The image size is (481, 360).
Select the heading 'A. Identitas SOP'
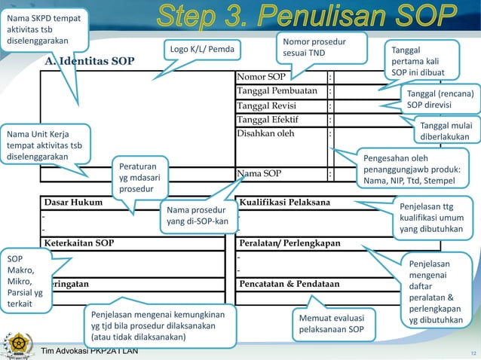89,60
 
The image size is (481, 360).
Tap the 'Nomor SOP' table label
262,77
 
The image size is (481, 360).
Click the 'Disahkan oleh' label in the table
266,133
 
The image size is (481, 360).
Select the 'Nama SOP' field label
260,174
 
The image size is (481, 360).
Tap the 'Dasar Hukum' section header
73,202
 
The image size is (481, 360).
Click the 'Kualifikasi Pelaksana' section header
290,202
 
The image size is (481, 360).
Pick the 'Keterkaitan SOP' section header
79,243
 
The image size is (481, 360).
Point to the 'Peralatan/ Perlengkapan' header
290,243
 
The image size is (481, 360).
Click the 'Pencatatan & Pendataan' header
289,284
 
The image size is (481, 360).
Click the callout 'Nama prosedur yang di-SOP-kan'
195,215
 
